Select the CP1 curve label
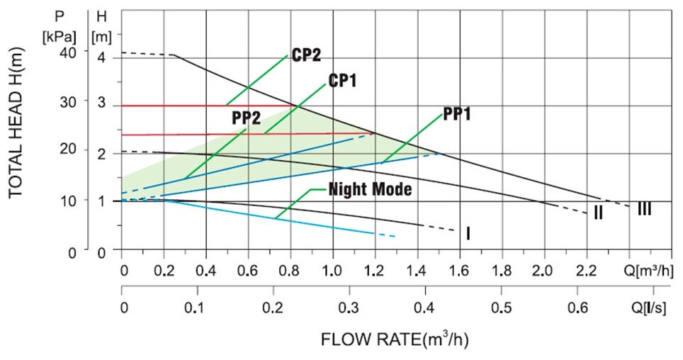pos(342,81)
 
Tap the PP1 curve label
pos(457,113)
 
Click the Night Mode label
pos(370,190)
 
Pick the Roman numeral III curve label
pos(644,209)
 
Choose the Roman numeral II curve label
pos(598,213)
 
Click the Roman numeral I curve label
pos(468,232)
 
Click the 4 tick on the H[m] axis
pos(101,57)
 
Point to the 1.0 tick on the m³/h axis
pos(332,271)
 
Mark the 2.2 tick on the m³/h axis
pos(585,271)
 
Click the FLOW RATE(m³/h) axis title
pos(395,339)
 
